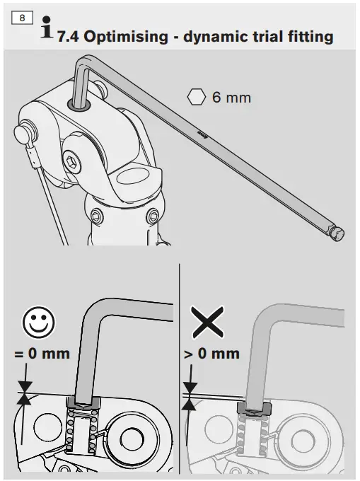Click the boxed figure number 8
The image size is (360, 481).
click(23, 16)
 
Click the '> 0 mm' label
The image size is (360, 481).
click(211, 353)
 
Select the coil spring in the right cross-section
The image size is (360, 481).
click(252, 439)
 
